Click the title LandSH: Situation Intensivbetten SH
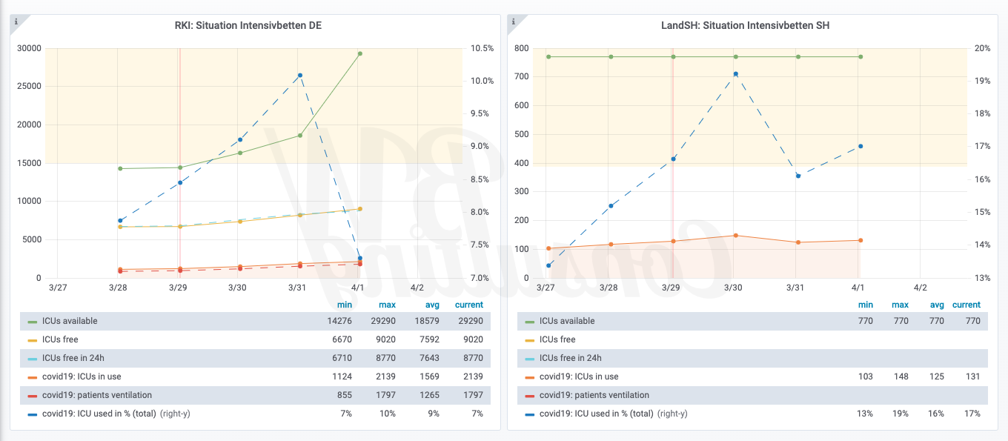(x=745, y=25)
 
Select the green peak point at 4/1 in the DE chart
(x=359, y=53)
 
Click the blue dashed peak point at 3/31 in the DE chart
(x=299, y=75)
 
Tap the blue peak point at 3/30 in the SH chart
(x=735, y=74)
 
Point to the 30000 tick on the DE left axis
(x=28, y=48)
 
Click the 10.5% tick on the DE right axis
(x=482, y=48)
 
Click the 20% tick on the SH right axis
(x=982, y=48)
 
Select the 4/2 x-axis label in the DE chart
(x=417, y=288)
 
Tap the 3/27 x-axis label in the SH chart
(x=546, y=288)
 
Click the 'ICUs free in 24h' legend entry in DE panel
(x=73, y=358)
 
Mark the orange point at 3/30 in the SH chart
(x=735, y=236)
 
